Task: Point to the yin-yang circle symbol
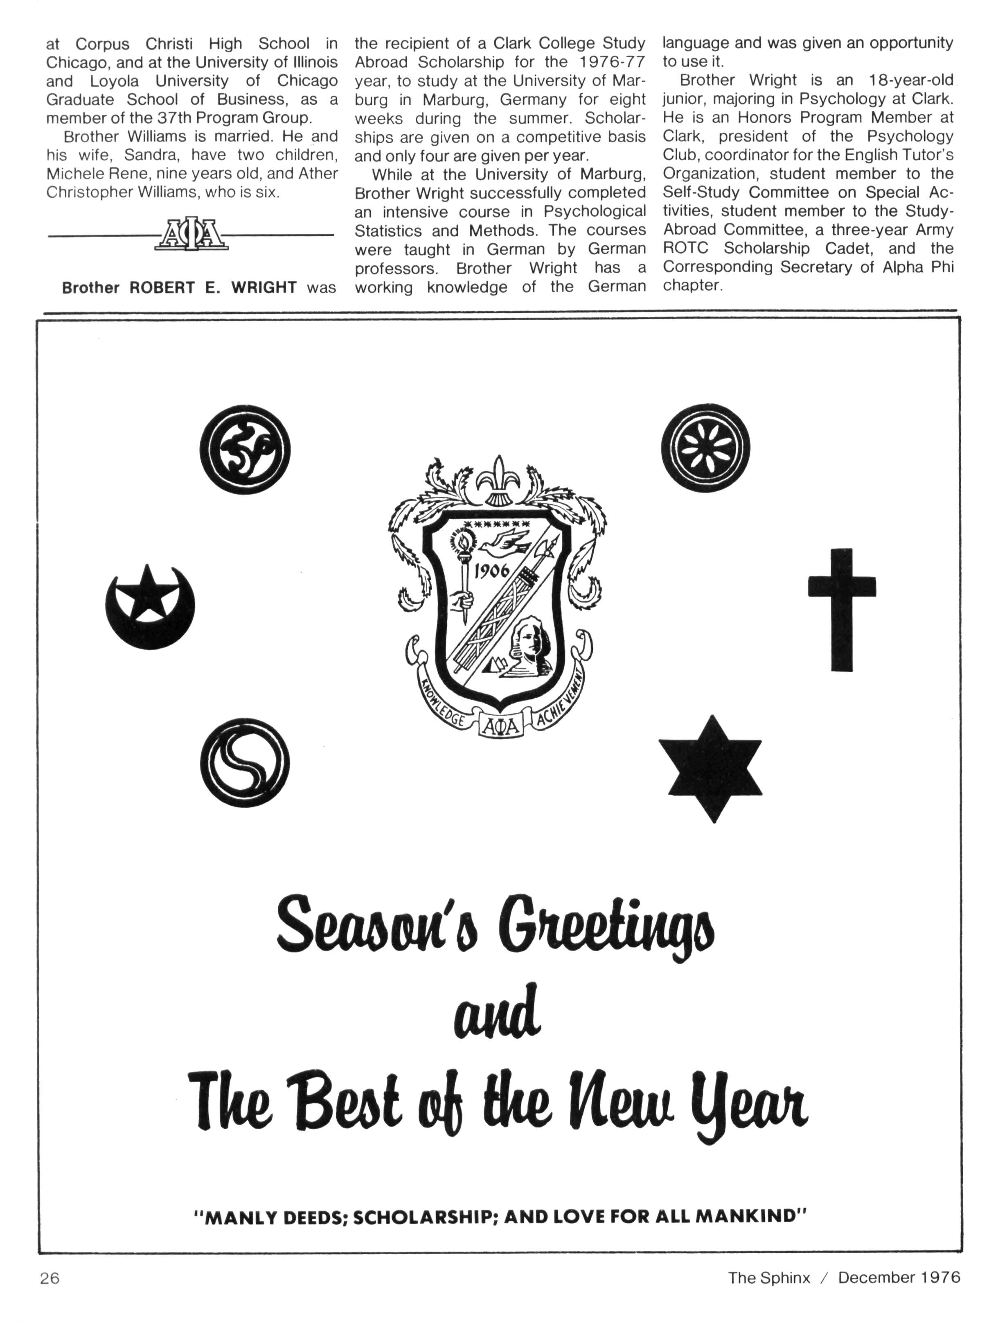(244, 763)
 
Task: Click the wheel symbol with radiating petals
(705, 448)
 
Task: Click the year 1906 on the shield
(492, 570)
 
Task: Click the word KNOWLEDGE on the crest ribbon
(442, 703)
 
